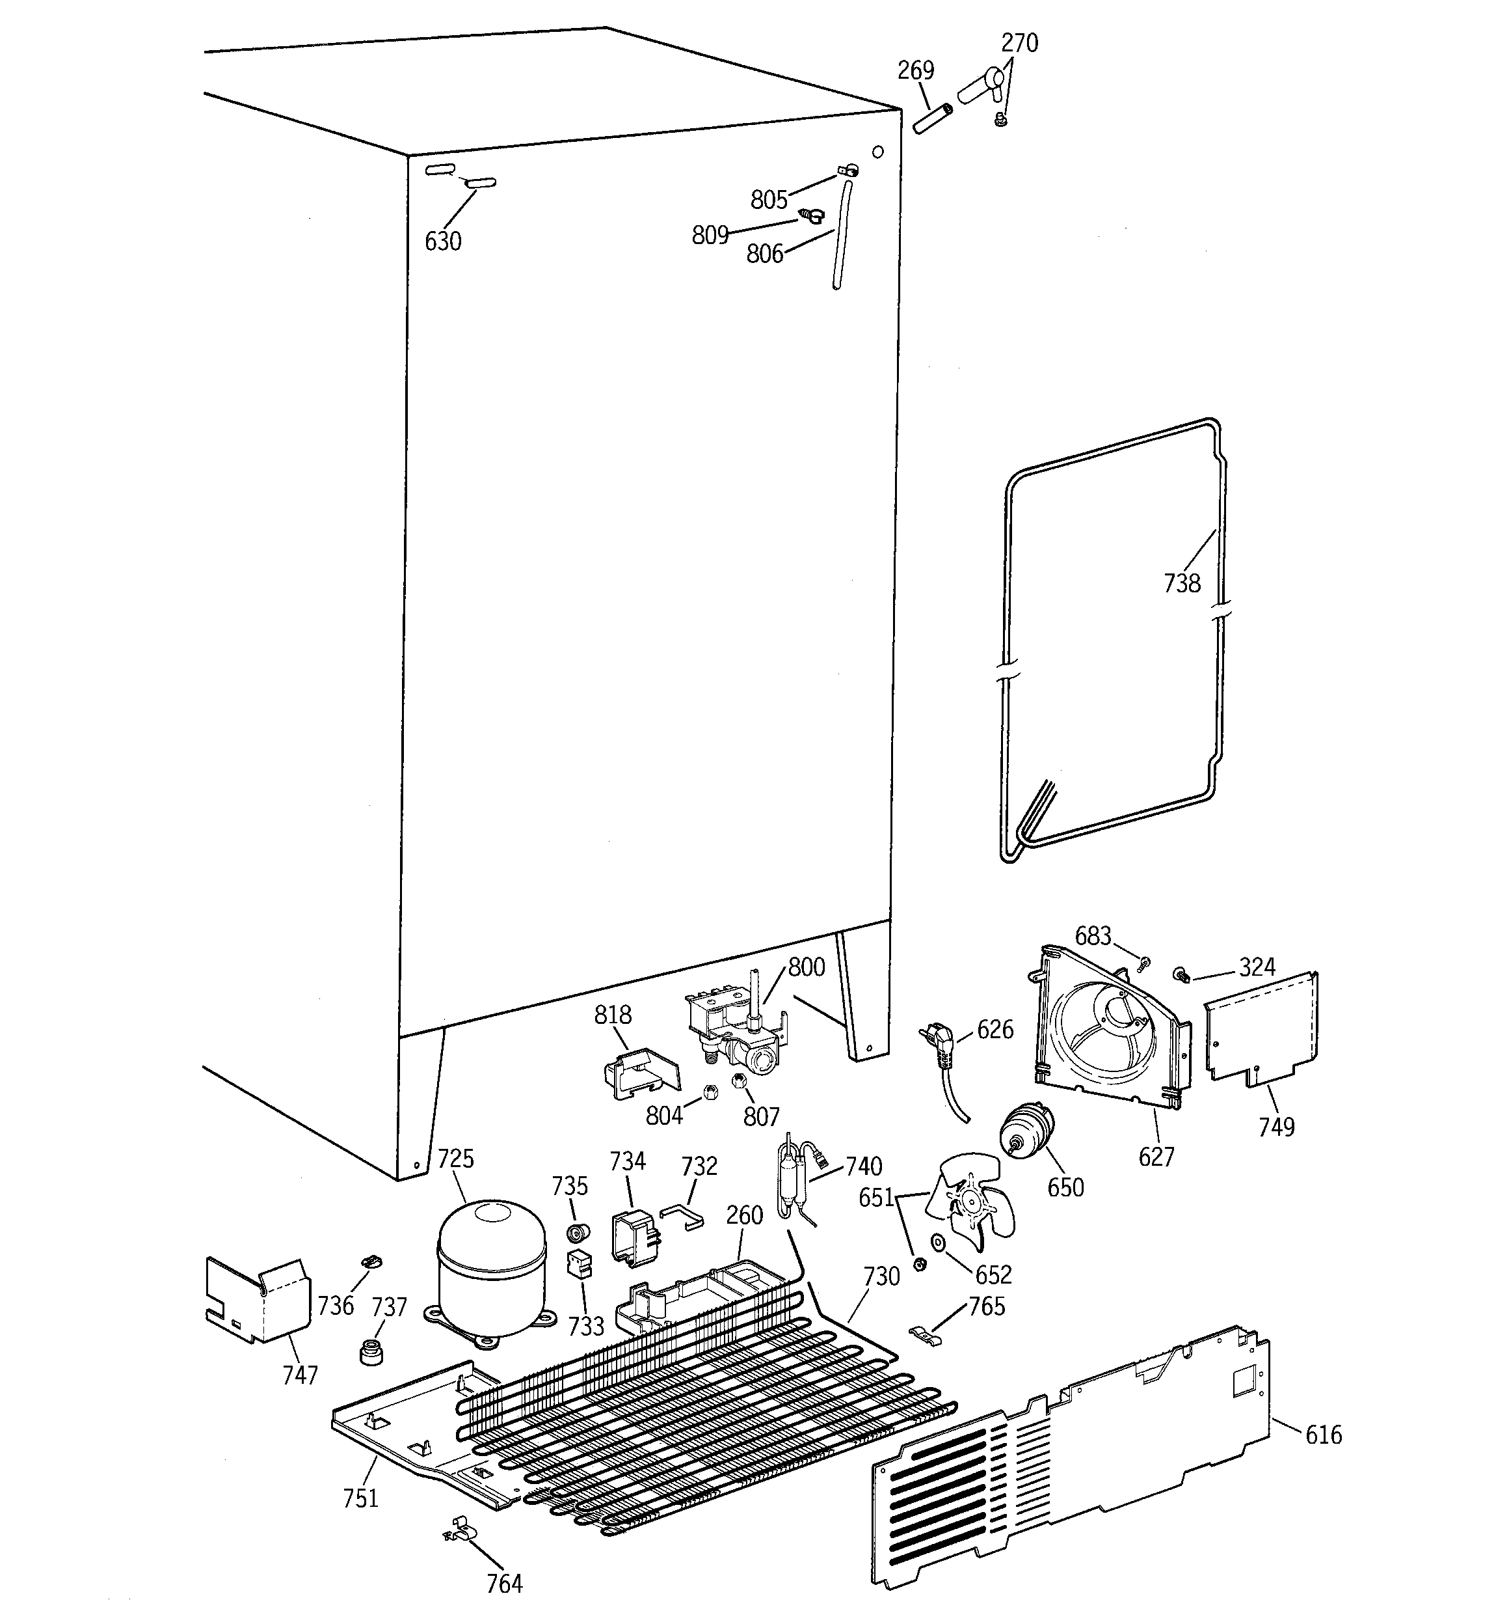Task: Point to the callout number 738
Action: pyautogui.click(x=1181, y=583)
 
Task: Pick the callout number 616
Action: pyautogui.click(x=1323, y=1435)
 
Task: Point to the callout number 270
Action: pyautogui.click(x=1019, y=43)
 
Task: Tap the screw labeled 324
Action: pyautogui.click(x=1181, y=973)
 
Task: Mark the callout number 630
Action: pyautogui.click(x=443, y=241)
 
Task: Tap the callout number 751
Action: pyautogui.click(x=360, y=1498)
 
